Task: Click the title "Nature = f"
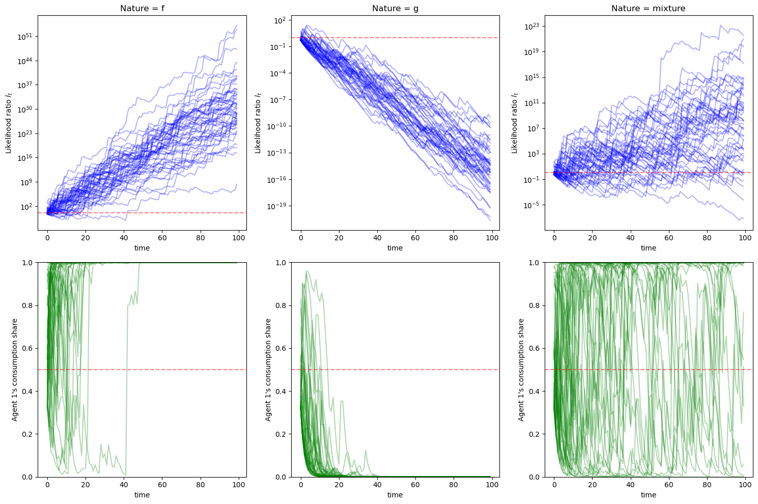(x=142, y=8)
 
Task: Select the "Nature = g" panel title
(x=395, y=8)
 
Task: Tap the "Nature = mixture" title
(x=648, y=8)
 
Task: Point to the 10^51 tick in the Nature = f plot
(x=26, y=37)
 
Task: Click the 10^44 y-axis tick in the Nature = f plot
(x=26, y=61)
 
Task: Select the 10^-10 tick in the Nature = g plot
(x=278, y=126)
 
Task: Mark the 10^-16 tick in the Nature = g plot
(x=278, y=179)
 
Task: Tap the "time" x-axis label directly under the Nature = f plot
(x=142, y=248)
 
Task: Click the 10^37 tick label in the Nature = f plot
(x=26, y=85)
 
